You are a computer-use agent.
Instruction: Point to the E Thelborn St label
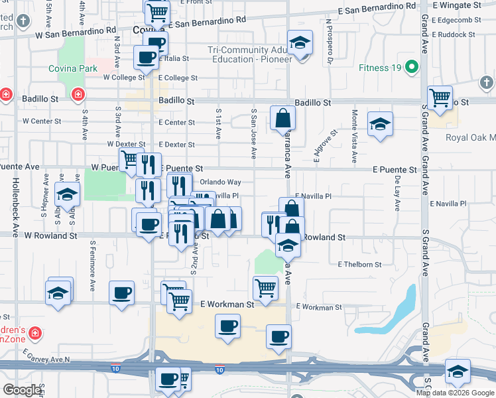359,265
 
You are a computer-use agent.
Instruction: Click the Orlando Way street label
221,182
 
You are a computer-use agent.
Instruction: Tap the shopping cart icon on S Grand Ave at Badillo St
439,98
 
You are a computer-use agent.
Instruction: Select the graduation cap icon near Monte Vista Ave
380,124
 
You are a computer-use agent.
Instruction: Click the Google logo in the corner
22,390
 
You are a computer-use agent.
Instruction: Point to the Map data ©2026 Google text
455,393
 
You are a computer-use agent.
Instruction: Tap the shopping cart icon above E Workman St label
265,288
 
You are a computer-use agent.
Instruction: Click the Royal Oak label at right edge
473,138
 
